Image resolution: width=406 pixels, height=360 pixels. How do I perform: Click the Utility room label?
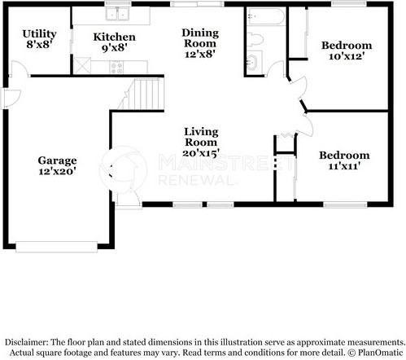point(39,34)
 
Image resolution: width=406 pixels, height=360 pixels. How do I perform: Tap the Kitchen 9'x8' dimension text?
point(115,48)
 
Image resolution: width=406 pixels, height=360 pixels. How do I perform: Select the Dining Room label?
point(200,38)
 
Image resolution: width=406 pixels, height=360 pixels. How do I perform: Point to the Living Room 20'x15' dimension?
point(201,153)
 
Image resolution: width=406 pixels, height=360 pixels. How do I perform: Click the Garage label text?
point(57,160)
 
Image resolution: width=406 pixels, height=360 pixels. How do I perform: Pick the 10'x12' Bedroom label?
point(347,50)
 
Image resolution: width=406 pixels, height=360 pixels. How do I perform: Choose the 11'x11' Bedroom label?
point(344,160)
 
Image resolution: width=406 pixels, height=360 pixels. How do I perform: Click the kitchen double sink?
point(117,14)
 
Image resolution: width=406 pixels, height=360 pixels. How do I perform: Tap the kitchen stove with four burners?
point(116,67)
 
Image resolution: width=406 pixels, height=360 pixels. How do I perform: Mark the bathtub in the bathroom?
point(267,16)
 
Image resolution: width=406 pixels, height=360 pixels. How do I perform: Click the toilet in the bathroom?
point(255,39)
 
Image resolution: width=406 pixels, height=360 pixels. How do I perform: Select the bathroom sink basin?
point(252,63)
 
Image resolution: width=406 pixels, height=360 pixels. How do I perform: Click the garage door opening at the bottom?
point(56,247)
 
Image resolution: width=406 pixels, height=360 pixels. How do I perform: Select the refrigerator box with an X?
point(82,65)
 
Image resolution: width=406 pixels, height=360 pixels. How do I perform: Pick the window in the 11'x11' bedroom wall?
point(345,204)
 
